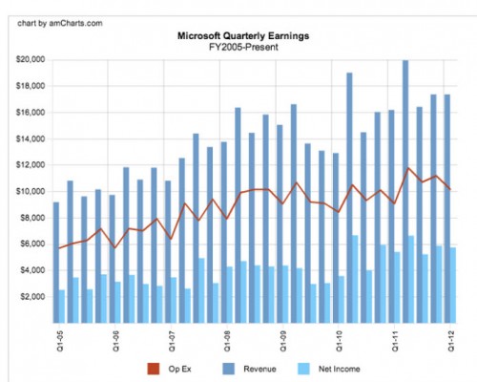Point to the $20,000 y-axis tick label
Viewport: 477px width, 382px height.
tap(31, 60)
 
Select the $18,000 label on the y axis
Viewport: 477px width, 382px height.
tap(31, 86)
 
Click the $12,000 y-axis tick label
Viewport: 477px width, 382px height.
tap(31, 165)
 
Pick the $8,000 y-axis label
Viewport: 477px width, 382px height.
tap(33, 218)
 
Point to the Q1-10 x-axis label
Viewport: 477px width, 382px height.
tap(339, 340)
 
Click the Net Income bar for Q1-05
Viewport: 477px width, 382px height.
tap(62, 306)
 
